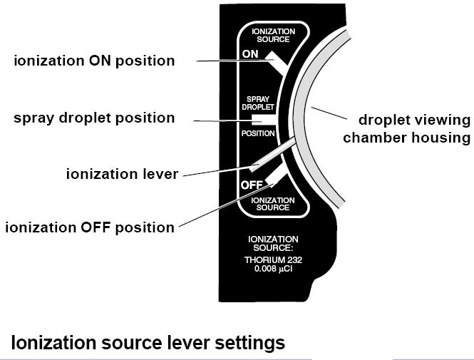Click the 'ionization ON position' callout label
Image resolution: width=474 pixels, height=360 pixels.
click(x=94, y=61)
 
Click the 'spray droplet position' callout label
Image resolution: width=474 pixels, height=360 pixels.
click(x=94, y=118)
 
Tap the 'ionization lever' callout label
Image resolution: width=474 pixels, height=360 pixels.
click(x=121, y=173)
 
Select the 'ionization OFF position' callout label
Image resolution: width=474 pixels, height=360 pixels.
click(x=90, y=228)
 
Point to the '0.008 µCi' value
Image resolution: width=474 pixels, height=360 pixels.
click(x=274, y=269)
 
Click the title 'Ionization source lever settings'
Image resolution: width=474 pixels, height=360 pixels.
click(x=148, y=343)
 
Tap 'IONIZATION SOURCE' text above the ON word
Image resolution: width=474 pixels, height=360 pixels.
click(x=274, y=36)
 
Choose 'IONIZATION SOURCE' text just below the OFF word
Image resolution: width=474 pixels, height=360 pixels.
click(x=274, y=204)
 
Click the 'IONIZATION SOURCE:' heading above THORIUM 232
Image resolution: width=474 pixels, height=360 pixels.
click(x=274, y=242)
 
